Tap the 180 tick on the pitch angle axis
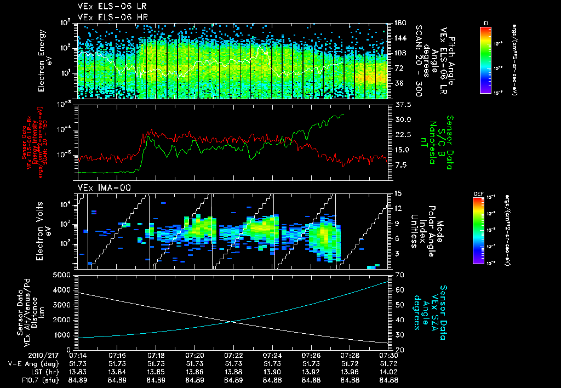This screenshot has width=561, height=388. click(398, 22)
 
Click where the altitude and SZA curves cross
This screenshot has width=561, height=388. click(232, 322)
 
